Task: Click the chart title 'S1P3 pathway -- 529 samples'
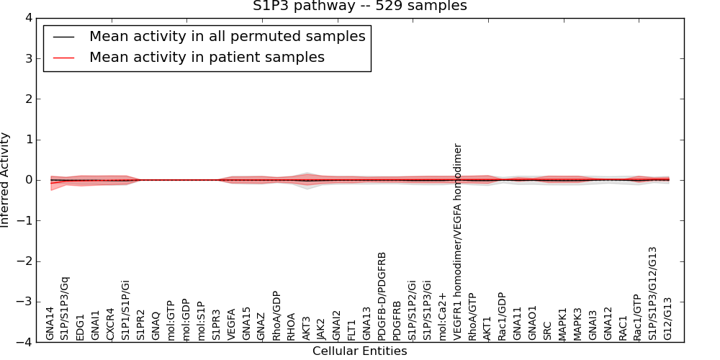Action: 359,6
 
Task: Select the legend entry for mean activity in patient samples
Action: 207,57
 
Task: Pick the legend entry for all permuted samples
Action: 227,36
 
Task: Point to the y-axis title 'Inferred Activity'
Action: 6,180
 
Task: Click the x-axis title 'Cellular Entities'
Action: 359,351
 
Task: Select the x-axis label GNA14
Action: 50,323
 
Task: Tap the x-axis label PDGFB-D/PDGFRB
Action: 382,295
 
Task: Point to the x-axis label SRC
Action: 548,330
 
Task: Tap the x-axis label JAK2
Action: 322,328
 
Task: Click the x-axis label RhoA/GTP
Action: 472,315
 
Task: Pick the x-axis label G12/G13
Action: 668,318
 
